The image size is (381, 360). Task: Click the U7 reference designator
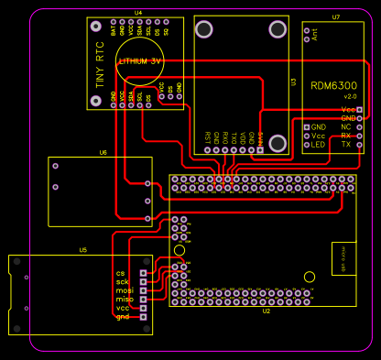point(336,17)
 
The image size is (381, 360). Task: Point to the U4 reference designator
point(138,13)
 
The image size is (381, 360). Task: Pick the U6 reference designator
point(103,153)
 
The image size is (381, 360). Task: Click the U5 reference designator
point(82,249)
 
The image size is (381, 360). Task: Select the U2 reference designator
point(267,311)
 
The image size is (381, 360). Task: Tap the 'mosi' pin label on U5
point(125,290)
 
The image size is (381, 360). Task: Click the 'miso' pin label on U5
point(125,300)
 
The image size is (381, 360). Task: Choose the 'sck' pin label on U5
point(123,282)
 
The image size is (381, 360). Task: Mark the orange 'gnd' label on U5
point(122,317)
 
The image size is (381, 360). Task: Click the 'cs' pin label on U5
point(120,273)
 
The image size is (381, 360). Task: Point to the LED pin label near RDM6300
point(318,145)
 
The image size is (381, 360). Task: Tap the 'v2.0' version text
point(349,96)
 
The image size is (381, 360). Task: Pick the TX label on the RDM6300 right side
point(345,145)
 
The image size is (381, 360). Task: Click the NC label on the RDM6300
point(345,127)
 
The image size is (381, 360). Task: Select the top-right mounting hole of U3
point(276,31)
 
